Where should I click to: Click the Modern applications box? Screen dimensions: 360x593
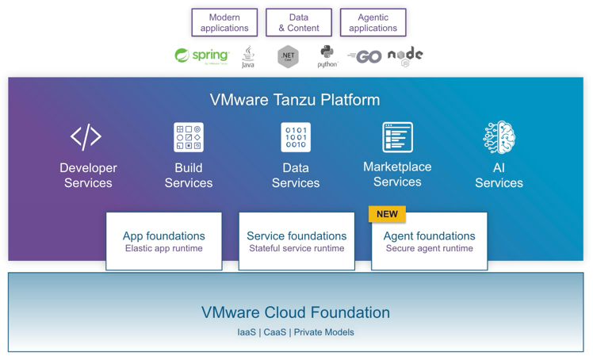(x=224, y=23)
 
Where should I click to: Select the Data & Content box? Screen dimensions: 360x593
(x=299, y=23)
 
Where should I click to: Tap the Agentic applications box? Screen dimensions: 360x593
(x=373, y=23)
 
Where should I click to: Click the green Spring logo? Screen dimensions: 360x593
(x=202, y=56)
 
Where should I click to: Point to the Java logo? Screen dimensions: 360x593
(x=248, y=56)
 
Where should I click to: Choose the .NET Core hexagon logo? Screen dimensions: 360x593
(x=288, y=56)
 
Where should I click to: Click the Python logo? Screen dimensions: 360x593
(x=327, y=56)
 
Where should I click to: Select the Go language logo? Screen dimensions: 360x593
(x=365, y=56)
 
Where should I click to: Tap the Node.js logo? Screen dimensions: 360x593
(x=405, y=56)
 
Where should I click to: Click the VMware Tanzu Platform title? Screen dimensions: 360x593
(x=295, y=100)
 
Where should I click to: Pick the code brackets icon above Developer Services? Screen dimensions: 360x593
(x=86, y=137)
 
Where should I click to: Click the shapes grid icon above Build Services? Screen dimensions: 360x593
(x=189, y=137)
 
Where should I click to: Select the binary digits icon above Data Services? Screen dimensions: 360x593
(x=296, y=137)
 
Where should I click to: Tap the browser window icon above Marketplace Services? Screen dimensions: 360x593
(x=397, y=137)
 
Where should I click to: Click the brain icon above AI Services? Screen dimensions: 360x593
(x=499, y=137)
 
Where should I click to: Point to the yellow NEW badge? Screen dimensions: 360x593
(x=387, y=214)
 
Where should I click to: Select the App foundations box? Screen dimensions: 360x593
(x=164, y=241)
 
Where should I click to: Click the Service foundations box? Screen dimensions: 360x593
(x=296, y=241)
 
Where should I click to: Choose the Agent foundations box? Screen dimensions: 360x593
(x=429, y=241)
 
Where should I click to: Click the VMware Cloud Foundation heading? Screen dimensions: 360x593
(x=296, y=312)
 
